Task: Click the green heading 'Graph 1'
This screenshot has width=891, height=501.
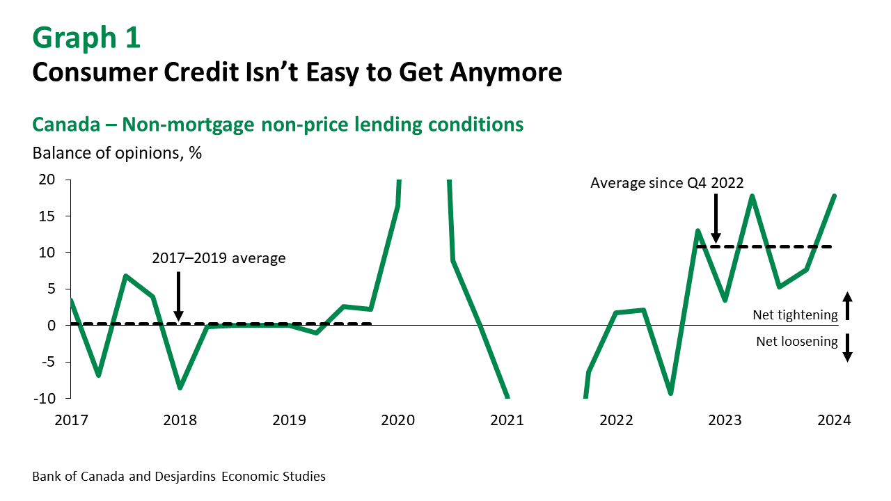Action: pos(86,38)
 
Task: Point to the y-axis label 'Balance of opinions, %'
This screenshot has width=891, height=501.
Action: pos(117,153)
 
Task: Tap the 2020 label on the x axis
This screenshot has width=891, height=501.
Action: pos(397,420)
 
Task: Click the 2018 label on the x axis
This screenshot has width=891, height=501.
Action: pos(180,420)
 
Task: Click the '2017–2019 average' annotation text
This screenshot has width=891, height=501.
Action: pos(219,259)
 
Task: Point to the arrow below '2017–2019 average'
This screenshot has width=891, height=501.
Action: pos(178,296)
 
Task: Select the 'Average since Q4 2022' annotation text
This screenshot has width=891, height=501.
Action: pos(667,184)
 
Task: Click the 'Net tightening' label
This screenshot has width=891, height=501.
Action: pos(795,315)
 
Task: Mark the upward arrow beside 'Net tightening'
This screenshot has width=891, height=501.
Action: pos(847,305)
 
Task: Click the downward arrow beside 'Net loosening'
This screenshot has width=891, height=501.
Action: pos(847,347)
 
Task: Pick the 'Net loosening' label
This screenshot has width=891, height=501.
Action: pos(796,342)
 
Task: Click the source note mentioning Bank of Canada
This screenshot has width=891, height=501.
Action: pos(179,477)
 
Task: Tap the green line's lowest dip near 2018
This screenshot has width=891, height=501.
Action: pos(180,388)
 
